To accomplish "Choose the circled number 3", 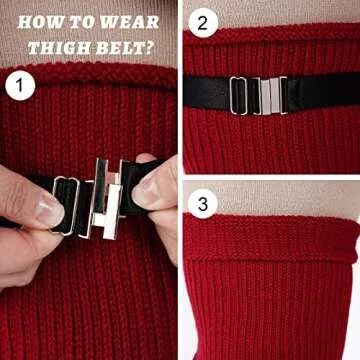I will tap(204, 205).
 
